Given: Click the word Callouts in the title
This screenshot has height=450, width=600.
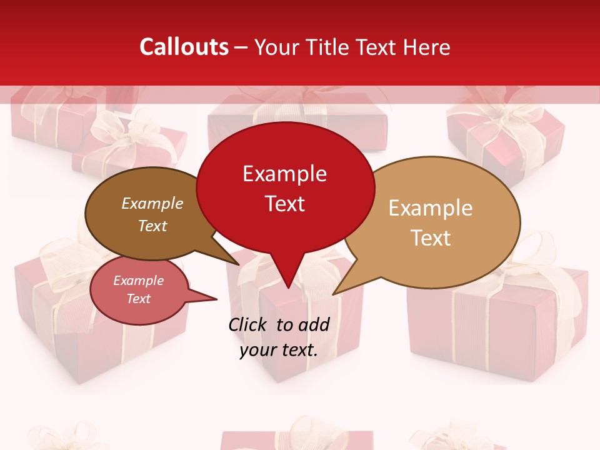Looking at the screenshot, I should click(x=184, y=47).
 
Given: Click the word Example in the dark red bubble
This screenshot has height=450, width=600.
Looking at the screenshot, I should click(x=284, y=174).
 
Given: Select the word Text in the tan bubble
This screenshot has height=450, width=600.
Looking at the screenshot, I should click(x=431, y=238).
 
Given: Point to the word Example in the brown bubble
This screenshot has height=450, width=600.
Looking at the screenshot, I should click(x=152, y=203).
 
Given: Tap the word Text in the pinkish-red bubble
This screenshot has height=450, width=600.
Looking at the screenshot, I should click(x=138, y=299).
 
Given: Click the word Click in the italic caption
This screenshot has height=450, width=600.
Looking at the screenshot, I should click(x=249, y=324).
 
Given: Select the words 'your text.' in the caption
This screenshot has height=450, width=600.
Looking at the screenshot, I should click(x=278, y=350).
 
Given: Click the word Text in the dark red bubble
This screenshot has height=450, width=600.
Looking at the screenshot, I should click(x=284, y=204).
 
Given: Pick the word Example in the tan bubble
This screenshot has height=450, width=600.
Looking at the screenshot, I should click(x=431, y=208).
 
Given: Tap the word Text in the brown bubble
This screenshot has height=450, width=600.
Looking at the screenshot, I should click(x=152, y=226).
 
